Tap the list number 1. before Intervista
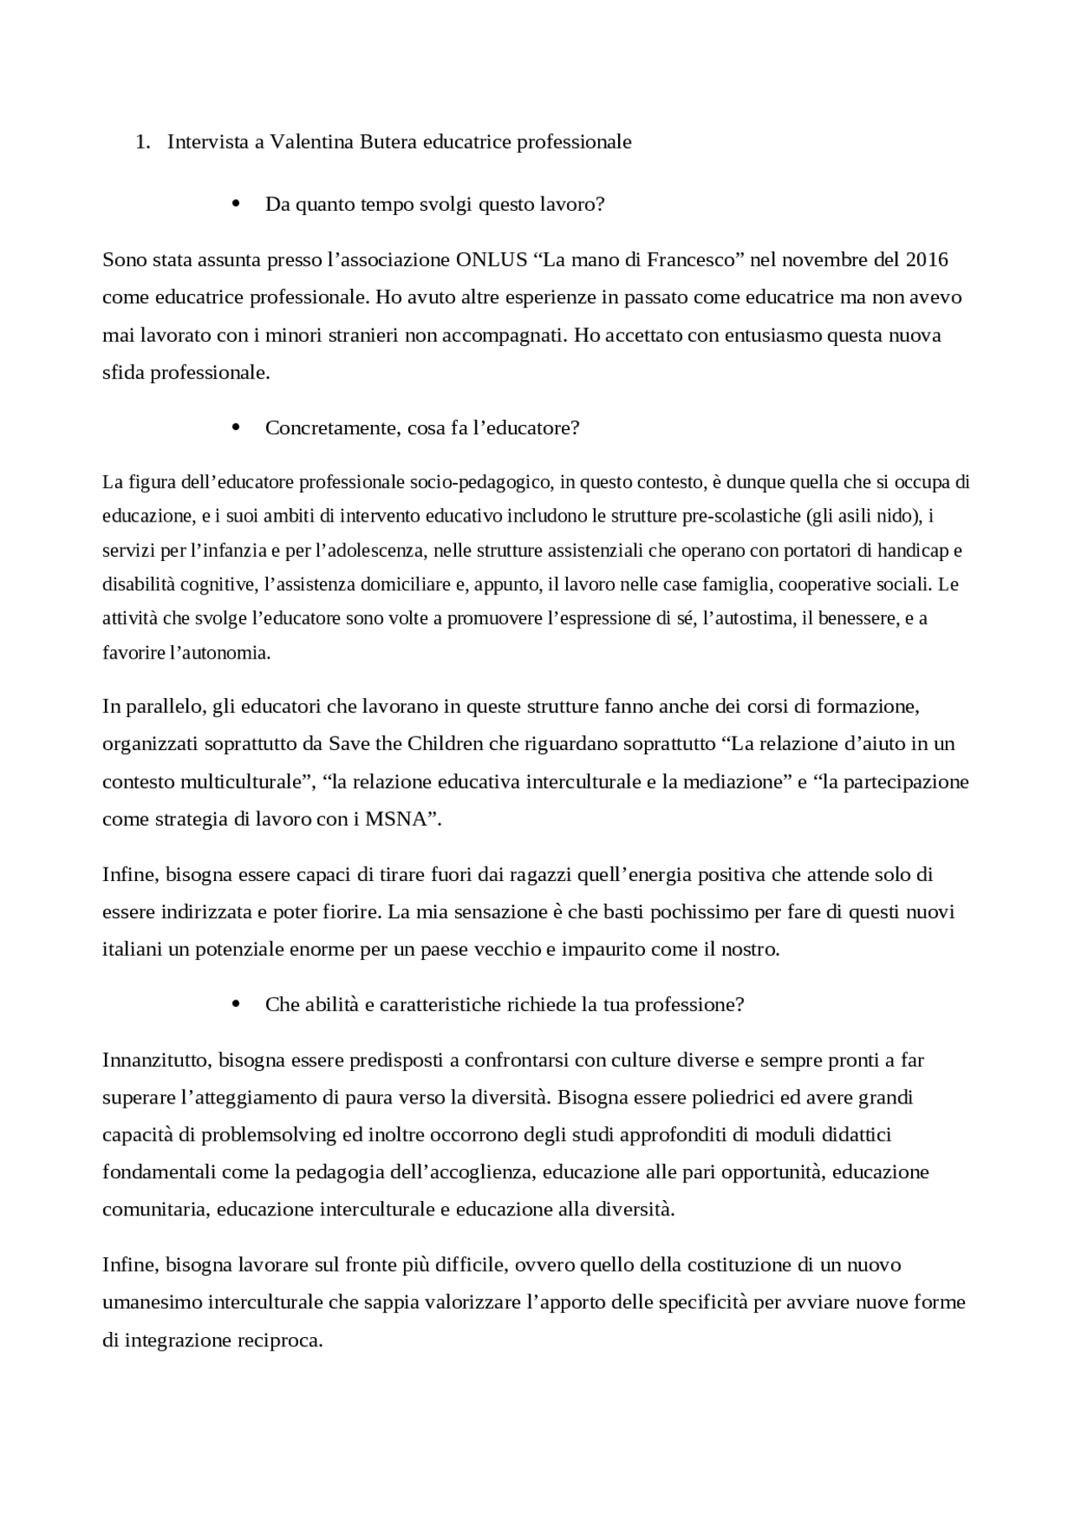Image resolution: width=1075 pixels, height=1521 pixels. (x=142, y=142)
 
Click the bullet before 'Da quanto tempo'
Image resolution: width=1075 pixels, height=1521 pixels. (x=235, y=204)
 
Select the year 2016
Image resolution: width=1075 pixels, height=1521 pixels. (x=926, y=260)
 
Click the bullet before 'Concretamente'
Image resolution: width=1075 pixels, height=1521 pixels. (x=235, y=427)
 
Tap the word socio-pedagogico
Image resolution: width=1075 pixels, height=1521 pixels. (x=480, y=483)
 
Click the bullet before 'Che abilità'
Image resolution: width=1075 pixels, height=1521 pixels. (x=235, y=1004)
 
